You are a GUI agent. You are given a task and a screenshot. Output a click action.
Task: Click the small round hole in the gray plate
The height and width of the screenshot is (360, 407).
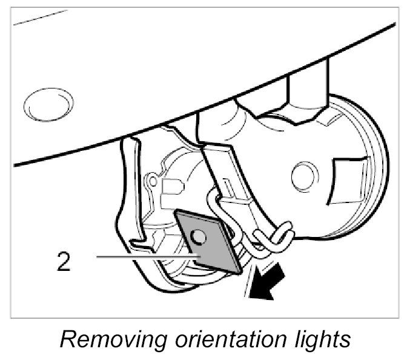click(x=197, y=235)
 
